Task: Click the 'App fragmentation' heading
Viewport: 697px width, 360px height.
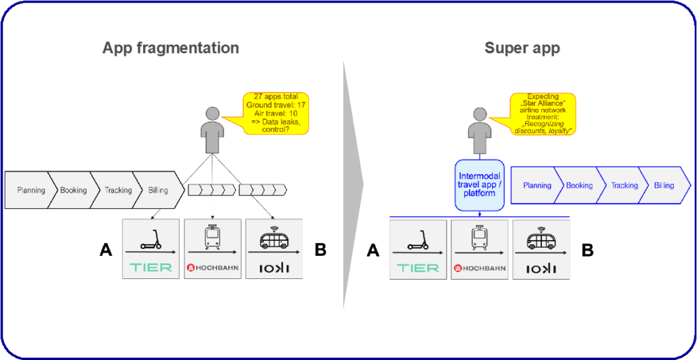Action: (x=170, y=48)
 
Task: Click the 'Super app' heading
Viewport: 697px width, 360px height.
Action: (x=522, y=48)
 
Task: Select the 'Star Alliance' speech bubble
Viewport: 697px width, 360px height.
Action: (x=545, y=114)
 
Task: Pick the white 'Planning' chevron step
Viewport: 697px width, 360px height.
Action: (x=31, y=191)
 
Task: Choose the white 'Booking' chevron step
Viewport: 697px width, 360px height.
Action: (x=74, y=191)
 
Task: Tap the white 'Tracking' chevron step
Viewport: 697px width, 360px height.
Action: (x=118, y=191)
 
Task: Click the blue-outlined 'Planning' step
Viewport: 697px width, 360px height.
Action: (x=536, y=185)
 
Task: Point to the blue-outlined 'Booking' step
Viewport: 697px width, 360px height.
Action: (x=579, y=185)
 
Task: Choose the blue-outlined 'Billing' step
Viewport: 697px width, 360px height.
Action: (x=664, y=185)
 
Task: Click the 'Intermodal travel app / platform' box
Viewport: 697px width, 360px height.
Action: (x=481, y=184)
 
